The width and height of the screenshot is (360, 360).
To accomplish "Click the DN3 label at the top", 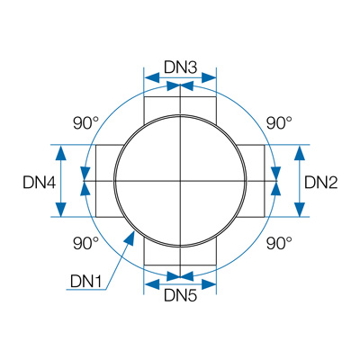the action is click(180, 67).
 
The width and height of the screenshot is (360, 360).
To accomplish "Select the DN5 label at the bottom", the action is click(180, 296).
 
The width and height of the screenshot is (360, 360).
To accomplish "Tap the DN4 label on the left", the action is click(40, 183).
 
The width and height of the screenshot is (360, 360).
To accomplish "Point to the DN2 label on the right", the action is click(321, 183).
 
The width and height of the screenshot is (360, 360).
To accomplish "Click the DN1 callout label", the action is click(86, 281).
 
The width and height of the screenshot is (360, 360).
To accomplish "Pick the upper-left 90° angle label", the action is click(86, 122).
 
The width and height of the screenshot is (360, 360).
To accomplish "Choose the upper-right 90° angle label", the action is click(279, 122).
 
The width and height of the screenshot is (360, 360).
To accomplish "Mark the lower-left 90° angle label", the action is click(86, 243).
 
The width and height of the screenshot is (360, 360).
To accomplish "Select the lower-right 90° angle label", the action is click(279, 243).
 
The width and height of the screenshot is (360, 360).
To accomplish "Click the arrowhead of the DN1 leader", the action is click(130, 238).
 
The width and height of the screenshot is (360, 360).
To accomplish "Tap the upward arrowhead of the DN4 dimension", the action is click(61, 152).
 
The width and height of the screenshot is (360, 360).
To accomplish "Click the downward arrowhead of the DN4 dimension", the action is click(61, 210).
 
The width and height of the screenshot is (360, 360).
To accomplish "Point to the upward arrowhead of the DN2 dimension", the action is click(300, 152).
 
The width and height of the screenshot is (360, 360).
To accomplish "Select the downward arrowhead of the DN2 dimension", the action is click(300, 210).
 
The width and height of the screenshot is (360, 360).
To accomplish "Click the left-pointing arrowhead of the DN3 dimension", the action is click(152, 77).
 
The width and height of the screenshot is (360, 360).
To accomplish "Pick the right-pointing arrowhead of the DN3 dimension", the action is click(209, 77).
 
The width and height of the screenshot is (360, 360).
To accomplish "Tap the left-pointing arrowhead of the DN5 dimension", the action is click(152, 283).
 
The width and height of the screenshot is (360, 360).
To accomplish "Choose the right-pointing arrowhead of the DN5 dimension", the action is click(209, 283).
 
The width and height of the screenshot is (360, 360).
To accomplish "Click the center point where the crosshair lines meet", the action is click(180, 181).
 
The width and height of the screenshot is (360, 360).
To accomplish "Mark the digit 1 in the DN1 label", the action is click(98, 281).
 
